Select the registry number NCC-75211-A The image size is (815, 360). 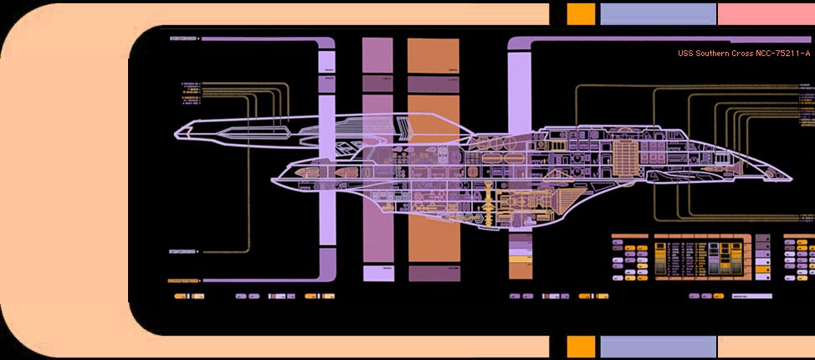783,54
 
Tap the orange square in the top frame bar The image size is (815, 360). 581,13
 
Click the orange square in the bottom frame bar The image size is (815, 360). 581,347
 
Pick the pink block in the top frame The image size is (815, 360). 766,13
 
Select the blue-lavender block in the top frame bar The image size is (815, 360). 659,13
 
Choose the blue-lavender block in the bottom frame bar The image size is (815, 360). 659,347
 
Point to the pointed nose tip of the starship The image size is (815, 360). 789,177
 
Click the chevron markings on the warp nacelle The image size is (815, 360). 406,127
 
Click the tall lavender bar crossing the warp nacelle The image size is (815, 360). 328,167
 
